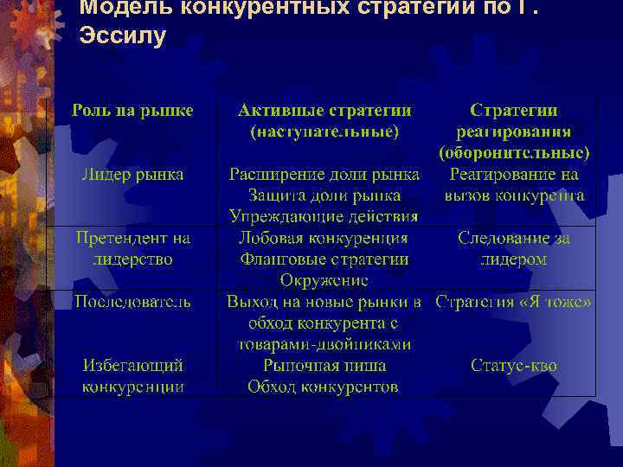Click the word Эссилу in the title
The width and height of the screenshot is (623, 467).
(121, 37)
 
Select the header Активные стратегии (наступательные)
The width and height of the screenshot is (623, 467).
(324, 121)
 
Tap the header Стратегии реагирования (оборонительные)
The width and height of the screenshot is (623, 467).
(514, 132)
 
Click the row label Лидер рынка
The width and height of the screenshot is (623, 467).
(132, 174)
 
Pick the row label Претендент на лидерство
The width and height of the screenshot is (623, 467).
(132, 247)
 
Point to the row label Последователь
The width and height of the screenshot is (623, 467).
(132, 301)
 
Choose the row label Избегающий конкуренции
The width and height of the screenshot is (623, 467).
(132, 375)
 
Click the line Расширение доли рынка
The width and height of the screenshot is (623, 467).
(324, 174)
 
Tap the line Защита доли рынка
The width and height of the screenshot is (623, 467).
(324, 195)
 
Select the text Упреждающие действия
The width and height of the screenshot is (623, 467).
(324, 215)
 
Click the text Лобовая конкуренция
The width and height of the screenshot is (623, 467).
(324, 237)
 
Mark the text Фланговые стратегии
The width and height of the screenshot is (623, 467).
(324, 259)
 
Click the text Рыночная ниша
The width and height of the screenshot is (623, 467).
(324, 365)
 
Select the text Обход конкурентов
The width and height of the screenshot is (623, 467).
(324, 386)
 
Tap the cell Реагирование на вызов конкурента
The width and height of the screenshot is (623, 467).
(514, 184)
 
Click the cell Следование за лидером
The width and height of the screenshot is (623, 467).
(514, 247)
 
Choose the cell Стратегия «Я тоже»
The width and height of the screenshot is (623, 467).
(514, 302)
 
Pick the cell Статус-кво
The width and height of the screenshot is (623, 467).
(514, 365)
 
